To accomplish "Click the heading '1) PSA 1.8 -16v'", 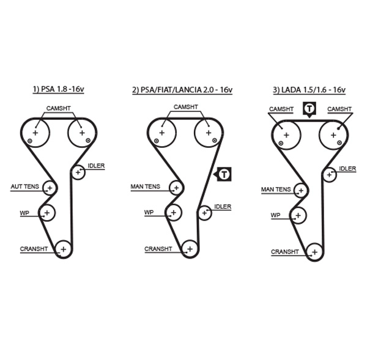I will pos(59,89).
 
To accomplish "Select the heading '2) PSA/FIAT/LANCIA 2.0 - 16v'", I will pos(182,89).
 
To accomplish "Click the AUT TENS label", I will pos(24,186).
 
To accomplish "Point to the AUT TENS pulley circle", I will pos(48,187).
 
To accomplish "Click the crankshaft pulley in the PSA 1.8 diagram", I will pos(62,248).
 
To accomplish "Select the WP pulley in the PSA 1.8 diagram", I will pos(47,212).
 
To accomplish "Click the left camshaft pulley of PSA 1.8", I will pos(35,133).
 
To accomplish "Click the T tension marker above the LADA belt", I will pos(310,110).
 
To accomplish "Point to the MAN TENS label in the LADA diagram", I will pos(276,189).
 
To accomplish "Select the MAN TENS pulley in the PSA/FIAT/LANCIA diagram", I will pos(176,187).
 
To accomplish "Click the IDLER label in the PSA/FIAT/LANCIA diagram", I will pos(223,207).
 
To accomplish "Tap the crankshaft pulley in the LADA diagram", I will pos(314,251).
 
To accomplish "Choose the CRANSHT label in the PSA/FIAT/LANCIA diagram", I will pos(158,249).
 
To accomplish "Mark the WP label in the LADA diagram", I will pos(275,215).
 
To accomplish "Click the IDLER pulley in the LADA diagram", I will pos(329,174).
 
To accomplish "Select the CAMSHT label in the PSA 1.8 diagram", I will pos(59,108).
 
